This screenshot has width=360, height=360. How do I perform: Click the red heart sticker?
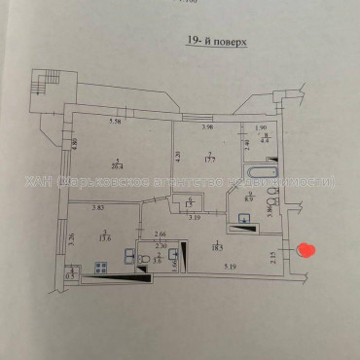(x=306, y=251)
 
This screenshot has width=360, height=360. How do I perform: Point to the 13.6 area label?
(x=104, y=234)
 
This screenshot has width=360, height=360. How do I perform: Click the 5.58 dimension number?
(x=114, y=122)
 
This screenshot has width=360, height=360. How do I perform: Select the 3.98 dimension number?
(x=206, y=127)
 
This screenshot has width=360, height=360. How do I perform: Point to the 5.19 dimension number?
(x=229, y=266)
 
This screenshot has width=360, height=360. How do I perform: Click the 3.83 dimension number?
(x=97, y=206)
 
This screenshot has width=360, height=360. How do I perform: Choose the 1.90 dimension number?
(x=260, y=127)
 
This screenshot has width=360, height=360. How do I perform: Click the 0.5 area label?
(x=69, y=275)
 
